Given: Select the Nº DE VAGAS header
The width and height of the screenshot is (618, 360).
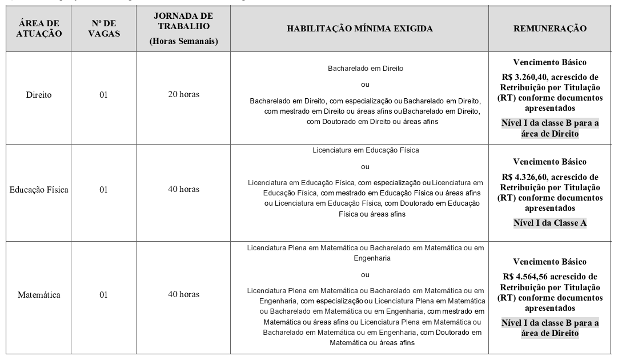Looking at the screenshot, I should click(x=103, y=29).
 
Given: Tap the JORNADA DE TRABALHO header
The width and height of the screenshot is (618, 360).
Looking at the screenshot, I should click(x=183, y=21).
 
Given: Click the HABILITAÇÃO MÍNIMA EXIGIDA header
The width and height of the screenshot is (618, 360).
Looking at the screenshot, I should click(x=360, y=29).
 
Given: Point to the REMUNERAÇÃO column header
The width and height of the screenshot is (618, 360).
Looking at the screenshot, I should click(x=549, y=29).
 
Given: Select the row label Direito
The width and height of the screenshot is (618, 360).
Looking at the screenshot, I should click(x=39, y=95).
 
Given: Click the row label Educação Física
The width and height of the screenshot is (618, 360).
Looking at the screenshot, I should click(x=39, y=190).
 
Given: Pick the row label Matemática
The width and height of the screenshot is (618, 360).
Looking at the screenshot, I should click(x=39, y=295).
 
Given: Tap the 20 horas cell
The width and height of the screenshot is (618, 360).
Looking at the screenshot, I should click(x=183, y=94).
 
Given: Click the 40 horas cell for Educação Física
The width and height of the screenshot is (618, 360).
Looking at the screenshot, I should click(x=183, y=189).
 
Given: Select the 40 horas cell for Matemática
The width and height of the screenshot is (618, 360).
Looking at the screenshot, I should click(x=183, y=294).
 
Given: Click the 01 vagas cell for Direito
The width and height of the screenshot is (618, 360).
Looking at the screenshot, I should click(x=103, y=95).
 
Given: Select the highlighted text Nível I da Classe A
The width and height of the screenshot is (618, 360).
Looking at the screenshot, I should click(x=549, y=223).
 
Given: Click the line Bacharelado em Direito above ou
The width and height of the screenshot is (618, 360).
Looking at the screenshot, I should click(x=365, y=68).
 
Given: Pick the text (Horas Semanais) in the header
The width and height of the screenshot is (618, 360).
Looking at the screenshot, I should click(x=183, y=41).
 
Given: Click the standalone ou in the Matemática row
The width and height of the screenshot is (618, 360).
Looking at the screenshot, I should click(x=365, y=275).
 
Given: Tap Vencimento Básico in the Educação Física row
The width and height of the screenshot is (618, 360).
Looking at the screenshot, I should click(x=549, y=162).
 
